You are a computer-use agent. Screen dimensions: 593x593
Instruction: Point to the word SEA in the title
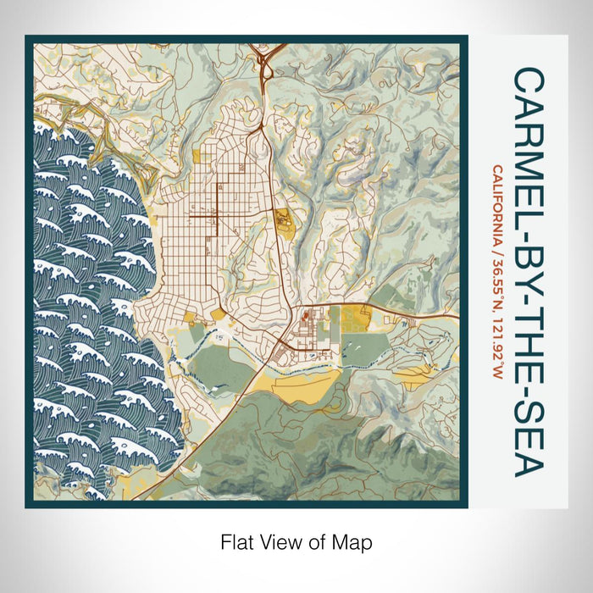(529, 435)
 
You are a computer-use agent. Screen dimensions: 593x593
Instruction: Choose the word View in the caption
(279, 540)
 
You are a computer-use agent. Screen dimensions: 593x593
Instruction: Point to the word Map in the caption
(355, 540)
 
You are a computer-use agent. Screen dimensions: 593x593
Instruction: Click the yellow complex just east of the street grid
(283, 222)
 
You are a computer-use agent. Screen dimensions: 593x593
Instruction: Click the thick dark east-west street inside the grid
(203, 217)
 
